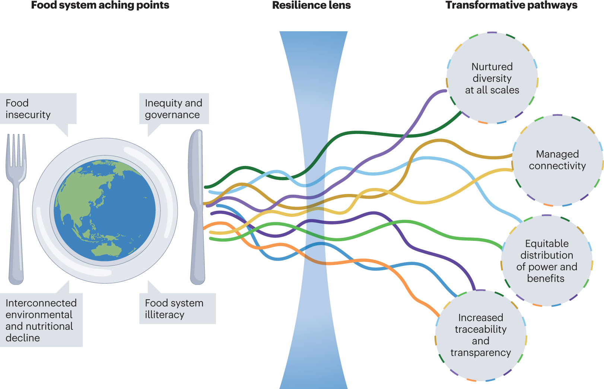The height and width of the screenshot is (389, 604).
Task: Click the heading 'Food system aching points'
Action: click(100, 5)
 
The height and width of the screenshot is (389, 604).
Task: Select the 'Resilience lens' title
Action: click(311, 5)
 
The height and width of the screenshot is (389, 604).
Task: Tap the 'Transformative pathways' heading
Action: click(511, 5)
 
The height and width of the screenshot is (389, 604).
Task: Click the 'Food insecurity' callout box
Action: click(38, 109)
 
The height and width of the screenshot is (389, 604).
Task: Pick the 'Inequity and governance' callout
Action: click(174, 109)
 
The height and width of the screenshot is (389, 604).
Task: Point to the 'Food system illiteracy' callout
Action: click(177, 309)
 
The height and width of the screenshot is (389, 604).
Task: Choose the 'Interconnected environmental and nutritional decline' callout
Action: click(41, 320)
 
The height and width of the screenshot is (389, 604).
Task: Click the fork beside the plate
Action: click(16, 208)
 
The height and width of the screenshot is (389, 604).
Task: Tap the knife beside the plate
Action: click(197, 208)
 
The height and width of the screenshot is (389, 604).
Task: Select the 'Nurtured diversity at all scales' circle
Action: click(492, 78)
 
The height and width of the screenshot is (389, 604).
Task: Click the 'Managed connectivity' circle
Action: click(557, 160)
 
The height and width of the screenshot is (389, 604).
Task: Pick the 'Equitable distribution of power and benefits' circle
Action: click(547, 261)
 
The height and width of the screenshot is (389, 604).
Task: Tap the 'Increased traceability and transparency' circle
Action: click(480, 335)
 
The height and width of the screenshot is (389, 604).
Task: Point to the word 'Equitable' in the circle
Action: click(547, 243)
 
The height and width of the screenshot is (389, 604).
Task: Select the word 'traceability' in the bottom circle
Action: click(480, 329)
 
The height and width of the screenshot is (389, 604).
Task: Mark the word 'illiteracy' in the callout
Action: click(165, 315)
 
